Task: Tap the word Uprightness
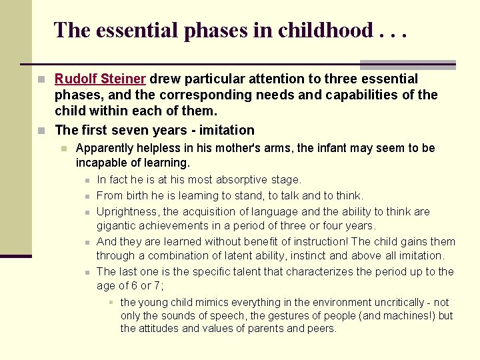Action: (x=129, y=211)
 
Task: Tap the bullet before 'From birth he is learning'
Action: (x=87, y=196)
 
